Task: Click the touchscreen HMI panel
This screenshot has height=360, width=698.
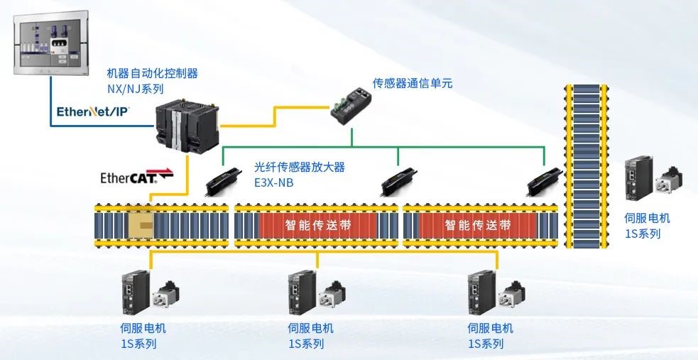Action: click(x=50, y=44)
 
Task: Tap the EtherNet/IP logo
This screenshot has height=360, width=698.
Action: click(x=92, y=111)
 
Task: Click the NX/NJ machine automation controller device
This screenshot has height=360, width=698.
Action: click(x=187, y=128)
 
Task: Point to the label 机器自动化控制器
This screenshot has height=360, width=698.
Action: click(x=152, y=72)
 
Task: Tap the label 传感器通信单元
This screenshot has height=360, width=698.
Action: click(x=413, y=83)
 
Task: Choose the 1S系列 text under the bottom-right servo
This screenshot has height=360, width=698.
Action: click(x=486, y=344)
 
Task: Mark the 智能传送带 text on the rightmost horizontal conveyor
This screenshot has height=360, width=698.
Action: click(x=478, y=226)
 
